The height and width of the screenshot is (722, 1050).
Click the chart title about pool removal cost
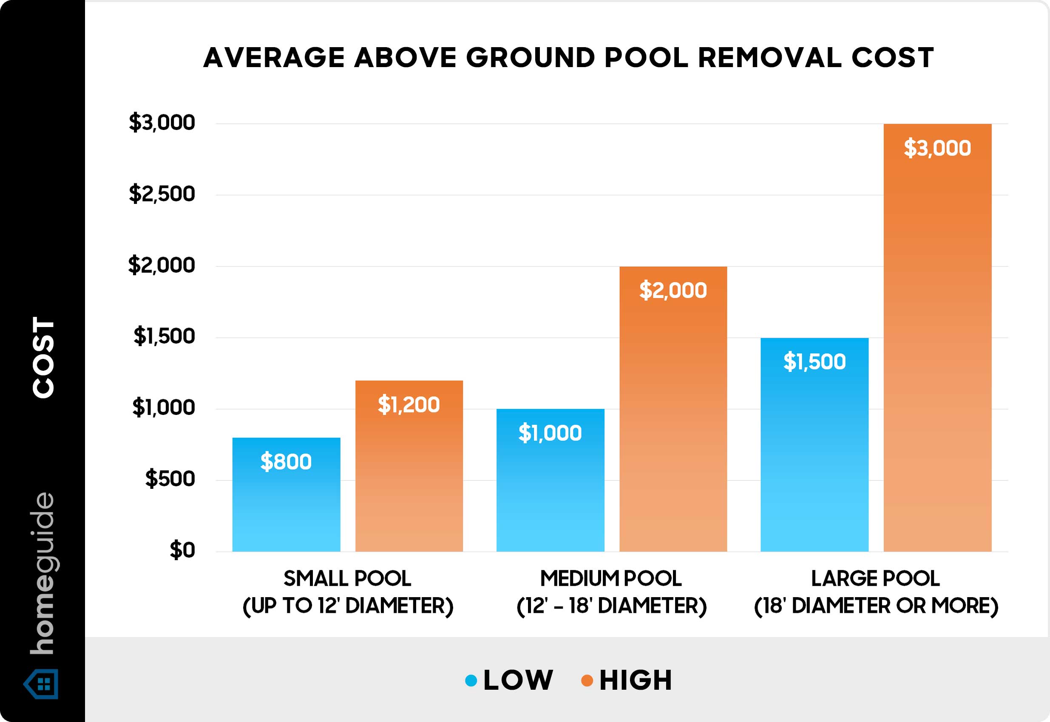tap(568, 58)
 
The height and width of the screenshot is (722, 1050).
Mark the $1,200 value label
tap(409, 404)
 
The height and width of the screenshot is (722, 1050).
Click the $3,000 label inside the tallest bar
tap(937, 148)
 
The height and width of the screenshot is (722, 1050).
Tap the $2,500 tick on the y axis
tap(162, 194)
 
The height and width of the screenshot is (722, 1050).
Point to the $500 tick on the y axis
tap(170, 479)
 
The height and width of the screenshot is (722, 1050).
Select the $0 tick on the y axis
tap(182, 550)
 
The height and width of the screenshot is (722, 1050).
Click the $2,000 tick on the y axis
tap(162, 265)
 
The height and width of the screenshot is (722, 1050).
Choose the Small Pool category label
tap(348, 592)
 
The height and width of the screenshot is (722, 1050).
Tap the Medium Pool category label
tap(611, 592)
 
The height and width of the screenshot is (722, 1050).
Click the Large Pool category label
tap(876, 592)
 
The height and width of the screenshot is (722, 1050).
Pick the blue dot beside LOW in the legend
tap(471, 680)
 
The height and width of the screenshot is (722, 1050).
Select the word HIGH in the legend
tap(636, 680)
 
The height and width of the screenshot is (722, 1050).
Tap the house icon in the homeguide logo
tap(42, 683)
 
